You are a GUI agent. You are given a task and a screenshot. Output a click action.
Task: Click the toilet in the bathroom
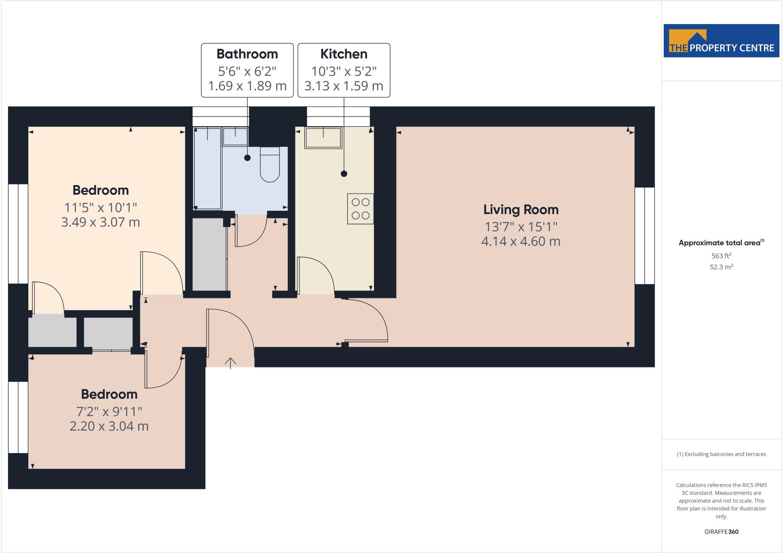click(270, 165)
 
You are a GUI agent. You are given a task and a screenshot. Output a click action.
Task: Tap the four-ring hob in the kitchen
click(360, 209)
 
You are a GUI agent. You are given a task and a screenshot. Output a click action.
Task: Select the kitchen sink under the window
click(323, 138)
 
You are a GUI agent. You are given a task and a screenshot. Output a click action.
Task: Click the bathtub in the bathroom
click(208, 169)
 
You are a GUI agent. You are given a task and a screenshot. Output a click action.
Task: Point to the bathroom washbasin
click(236, 137)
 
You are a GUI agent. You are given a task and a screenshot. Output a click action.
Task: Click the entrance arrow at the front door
click(230, 363)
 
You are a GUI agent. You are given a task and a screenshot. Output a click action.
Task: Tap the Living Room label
click(521, 210)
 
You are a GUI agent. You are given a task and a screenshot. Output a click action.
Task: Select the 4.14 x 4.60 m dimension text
click(521, 241)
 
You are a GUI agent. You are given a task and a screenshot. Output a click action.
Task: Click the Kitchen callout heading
click(344, 54)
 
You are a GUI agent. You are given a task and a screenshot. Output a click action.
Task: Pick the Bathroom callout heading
click(247, 54)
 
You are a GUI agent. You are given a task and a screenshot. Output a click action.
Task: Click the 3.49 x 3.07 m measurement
click(101, 222)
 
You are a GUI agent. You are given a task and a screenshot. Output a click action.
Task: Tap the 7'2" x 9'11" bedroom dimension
click(109, 411)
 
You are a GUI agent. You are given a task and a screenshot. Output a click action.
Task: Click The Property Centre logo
click(721, 41)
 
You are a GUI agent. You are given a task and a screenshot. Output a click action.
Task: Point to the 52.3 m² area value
click(721, 267)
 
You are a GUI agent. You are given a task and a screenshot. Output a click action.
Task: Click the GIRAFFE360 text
click(721, 532)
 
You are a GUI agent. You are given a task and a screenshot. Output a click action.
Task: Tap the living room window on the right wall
click(645, 236)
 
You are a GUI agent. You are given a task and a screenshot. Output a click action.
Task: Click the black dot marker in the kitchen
click(344, 174)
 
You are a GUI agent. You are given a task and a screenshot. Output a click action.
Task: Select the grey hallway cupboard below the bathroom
click(209, 254)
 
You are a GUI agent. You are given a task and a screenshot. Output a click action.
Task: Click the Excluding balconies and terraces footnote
click(721, 454)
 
